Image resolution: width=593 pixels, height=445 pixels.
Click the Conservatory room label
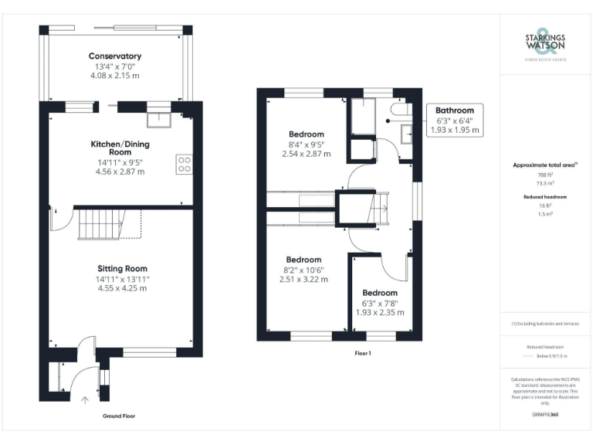tap(114, 56)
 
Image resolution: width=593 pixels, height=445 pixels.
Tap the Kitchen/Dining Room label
tap(120, 148)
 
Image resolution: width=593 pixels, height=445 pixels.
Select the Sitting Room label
tap(117, 267)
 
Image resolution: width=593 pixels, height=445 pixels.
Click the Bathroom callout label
tap(455, 110)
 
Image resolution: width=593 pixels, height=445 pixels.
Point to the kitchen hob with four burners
tap(185, 164)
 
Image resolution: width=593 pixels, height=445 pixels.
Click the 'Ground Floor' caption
tap(119, 416)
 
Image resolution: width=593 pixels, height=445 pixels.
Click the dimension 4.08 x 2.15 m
tap(114, 76)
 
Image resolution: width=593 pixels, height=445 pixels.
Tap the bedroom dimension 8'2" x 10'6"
tap(303, 270)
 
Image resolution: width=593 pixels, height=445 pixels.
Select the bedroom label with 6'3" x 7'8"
tap(380, 293)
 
